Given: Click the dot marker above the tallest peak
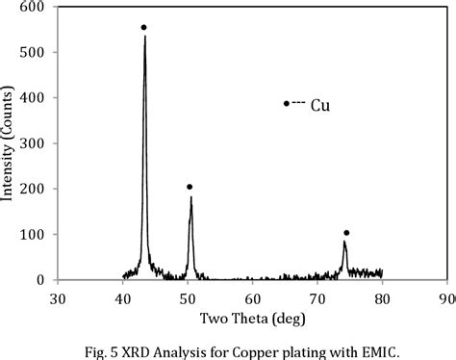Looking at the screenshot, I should pos(143,27).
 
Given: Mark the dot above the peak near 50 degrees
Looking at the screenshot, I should pos(190,187).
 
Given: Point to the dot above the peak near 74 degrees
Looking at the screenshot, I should pos(346,233).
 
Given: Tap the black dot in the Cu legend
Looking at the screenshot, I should pos(286,103).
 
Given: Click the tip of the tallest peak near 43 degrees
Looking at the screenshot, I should pos(144,38).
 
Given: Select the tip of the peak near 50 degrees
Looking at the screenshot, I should pos(190,197).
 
